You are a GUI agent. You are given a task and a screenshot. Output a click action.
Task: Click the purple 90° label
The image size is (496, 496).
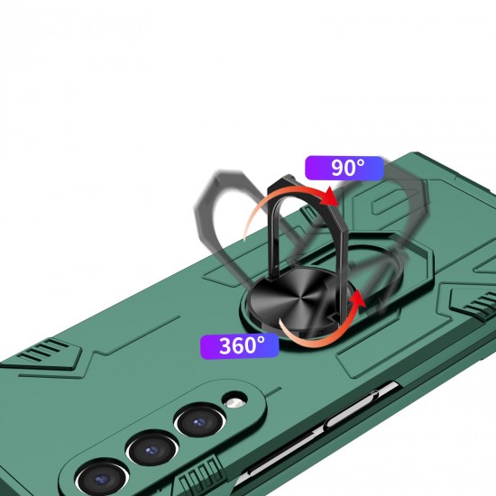344,169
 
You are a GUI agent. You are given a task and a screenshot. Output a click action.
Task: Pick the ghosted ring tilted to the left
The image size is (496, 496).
221,225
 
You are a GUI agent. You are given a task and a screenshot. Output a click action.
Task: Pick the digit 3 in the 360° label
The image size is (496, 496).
224,344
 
